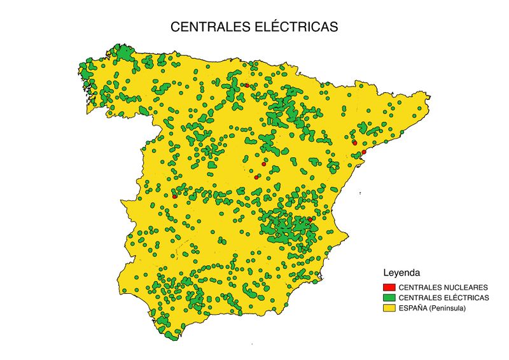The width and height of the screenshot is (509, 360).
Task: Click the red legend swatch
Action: pyautogui.click(x=389, y=287)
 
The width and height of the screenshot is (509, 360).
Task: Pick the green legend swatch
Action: pyautogui.click(x=389, y=298)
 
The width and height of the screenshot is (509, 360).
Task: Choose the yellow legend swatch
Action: pyautogui.click(x=389, y=308)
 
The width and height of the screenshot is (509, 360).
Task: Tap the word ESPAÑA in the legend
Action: pyautogui.click(x=412, y=308)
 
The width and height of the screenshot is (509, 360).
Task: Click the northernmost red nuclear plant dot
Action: pyautogui.click(x=247, y=85)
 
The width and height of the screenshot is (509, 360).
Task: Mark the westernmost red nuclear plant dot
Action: pyautogui.click(x=174, y=197)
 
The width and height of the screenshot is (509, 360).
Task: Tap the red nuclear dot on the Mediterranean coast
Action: pyautogui.click(x=364, y=152)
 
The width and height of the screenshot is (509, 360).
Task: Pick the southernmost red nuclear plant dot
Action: pyautogui.click(x=310, y=219)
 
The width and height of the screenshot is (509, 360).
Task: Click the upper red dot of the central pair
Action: pyautogui.click(x=263, y=164)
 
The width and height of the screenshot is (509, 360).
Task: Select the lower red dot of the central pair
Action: pyautogui.click(x=256, y=177)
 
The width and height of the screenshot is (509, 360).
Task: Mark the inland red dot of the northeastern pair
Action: pyautogui.click(x=354, y=143)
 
